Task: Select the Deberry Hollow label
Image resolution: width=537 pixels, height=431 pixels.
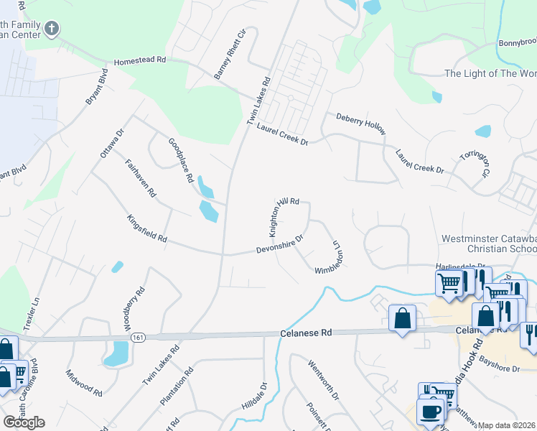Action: (x=361, y=123)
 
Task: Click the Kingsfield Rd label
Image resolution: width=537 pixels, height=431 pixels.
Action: (x=146, y=228)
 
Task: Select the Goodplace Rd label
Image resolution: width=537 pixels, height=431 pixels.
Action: (x=182, y=159)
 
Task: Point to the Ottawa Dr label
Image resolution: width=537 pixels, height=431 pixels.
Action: (x=112, y=143)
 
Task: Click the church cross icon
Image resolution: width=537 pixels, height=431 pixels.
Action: (x=51, y=29)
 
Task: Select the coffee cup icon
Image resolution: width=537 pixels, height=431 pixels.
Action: (x=430, y=412)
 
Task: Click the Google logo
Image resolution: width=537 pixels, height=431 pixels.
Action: (x=24, y=422)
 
